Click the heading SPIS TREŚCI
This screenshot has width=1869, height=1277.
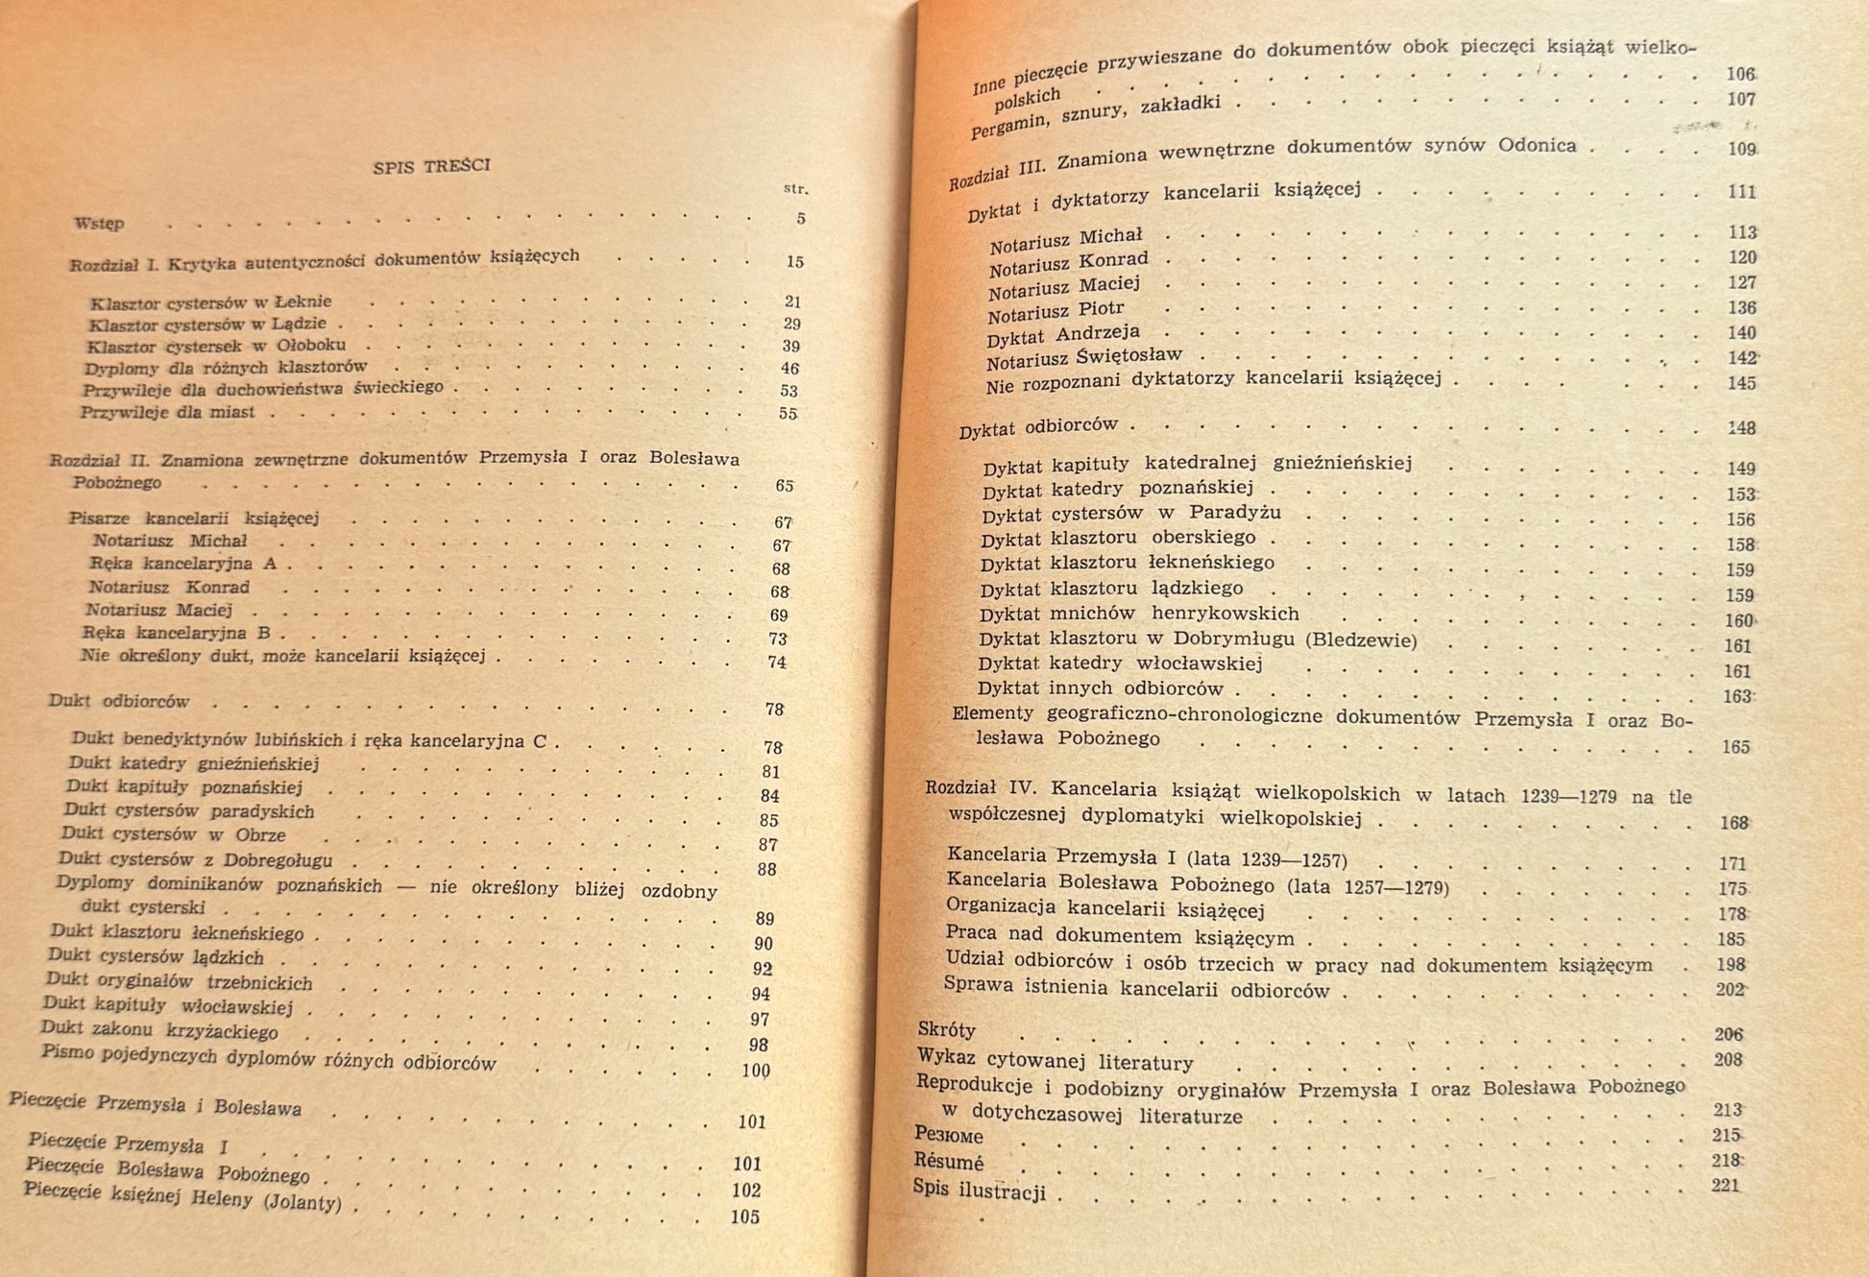click(431, 165)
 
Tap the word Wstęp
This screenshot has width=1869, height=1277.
click(100, 223)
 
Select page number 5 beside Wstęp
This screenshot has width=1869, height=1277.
click(800, 219)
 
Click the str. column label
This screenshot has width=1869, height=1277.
click(795, 189)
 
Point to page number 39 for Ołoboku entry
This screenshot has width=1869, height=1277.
click(790, 347)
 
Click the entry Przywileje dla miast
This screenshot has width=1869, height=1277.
click(167, 413)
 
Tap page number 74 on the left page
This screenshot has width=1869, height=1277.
click(777, 663)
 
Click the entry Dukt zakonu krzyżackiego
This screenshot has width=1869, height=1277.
click(159, 1030)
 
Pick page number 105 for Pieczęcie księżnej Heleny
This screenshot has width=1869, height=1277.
click(745, 1217)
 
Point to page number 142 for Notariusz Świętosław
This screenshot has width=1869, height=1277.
click(1741, 358)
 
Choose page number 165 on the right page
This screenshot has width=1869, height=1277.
click(1735, 747)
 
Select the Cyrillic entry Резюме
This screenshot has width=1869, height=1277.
click(949, 1135)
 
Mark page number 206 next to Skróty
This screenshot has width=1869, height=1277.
click(1728, 1034)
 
